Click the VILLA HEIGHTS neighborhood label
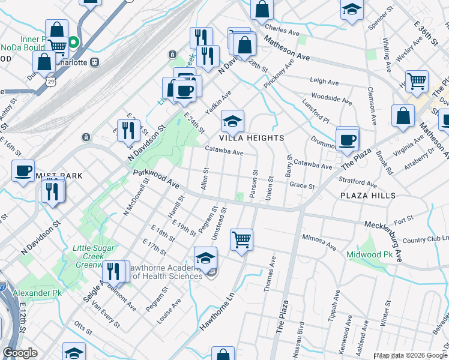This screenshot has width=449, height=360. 252,138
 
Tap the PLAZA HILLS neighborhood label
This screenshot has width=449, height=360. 367,196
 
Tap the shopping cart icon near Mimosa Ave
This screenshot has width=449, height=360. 241,239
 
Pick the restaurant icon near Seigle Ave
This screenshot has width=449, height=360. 113,272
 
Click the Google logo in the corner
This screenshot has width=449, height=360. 20,353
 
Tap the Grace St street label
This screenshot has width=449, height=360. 302,187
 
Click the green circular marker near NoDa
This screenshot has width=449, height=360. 73,43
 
